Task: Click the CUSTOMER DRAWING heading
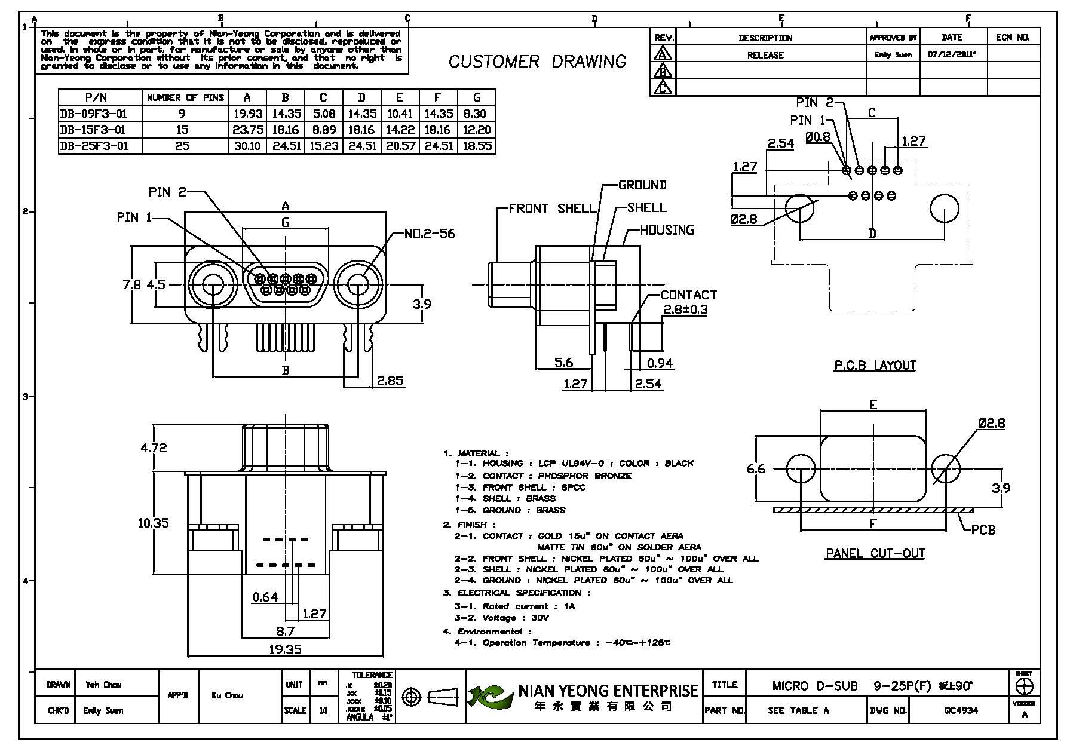(537, 62)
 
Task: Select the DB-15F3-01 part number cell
(93, 130)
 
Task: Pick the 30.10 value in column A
(247, 146)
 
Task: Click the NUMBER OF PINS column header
(185, 97)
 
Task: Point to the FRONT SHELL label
(553, 209)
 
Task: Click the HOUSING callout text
(667, 230)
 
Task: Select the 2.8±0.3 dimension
(685, 309)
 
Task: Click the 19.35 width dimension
(285, 649)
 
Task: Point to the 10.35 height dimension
(154, 523)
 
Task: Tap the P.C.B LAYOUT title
(875, 366)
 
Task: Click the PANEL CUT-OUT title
(875, 554)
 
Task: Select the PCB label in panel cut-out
(983, 529)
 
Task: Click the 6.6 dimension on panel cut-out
(756, 468)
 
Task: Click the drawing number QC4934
(961, 710)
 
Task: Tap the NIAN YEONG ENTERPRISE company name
(608, 691)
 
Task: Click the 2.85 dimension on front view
(390, 381)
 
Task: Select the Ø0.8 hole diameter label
(817, 137)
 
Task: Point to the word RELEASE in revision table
(765, 55)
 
